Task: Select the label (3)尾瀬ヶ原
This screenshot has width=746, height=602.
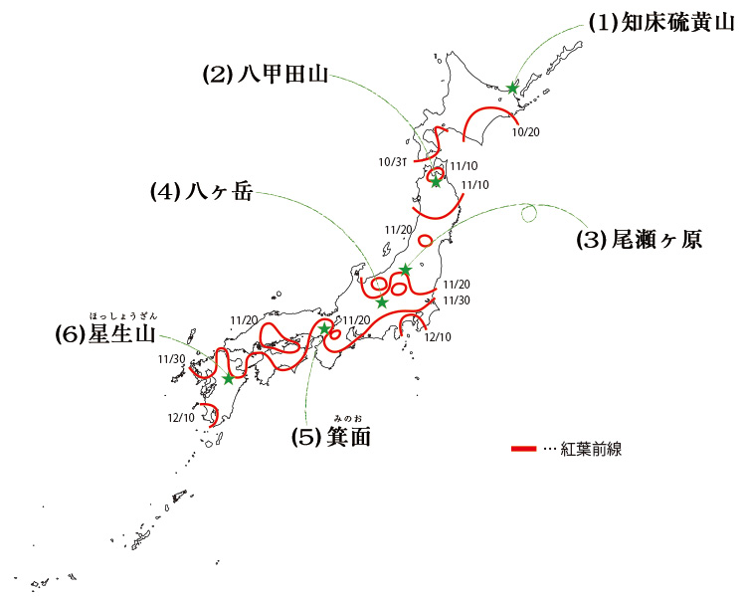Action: point(640,240)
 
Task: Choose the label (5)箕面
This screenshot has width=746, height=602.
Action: point(331,437)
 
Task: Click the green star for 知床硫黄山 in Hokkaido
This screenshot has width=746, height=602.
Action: point(512,88)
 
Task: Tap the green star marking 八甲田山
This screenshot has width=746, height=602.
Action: point(436,181)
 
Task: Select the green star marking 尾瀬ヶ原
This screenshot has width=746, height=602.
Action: point(405,270)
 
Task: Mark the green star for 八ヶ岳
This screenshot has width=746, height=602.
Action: point(382,301)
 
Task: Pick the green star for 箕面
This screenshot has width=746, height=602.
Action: point(324,328)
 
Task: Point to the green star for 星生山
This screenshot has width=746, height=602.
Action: point(228,378)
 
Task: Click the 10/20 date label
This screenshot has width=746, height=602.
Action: point(525,131)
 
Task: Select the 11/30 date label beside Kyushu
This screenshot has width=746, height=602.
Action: point(170,359)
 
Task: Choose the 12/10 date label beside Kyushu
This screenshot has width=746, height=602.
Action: point(181,417)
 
